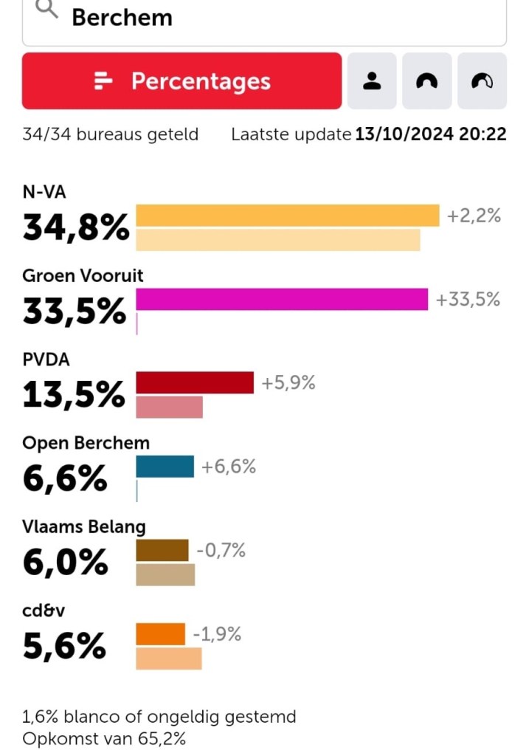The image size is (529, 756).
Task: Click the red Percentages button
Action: (181, 81)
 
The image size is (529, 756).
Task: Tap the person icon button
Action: (372, 81)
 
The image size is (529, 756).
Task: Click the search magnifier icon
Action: (46, 10)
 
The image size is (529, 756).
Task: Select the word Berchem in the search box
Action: (122, 17)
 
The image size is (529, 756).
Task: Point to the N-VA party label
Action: (44, 193)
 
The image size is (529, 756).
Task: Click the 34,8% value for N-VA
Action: (76, 228)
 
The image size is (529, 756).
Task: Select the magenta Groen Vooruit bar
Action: (282, 299)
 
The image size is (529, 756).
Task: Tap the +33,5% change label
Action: (468, 299)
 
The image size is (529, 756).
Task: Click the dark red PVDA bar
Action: (195, 382)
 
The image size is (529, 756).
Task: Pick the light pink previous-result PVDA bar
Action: (169, 407)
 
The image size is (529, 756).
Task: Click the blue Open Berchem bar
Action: (165, 467)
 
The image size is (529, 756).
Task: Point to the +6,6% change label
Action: (229, 467)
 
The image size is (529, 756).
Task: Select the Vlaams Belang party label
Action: (84, 526)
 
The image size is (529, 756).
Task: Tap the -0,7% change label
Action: (221, 550)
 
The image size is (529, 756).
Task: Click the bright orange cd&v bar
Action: (160, 634)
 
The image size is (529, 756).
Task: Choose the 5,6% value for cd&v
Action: (64, 647)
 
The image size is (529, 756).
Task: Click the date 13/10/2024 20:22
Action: (430, 135)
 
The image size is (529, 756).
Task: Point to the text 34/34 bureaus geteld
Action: (111, 135)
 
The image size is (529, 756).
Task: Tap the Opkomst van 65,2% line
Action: (104, 738)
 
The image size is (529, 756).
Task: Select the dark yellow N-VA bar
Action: (288, 216)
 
